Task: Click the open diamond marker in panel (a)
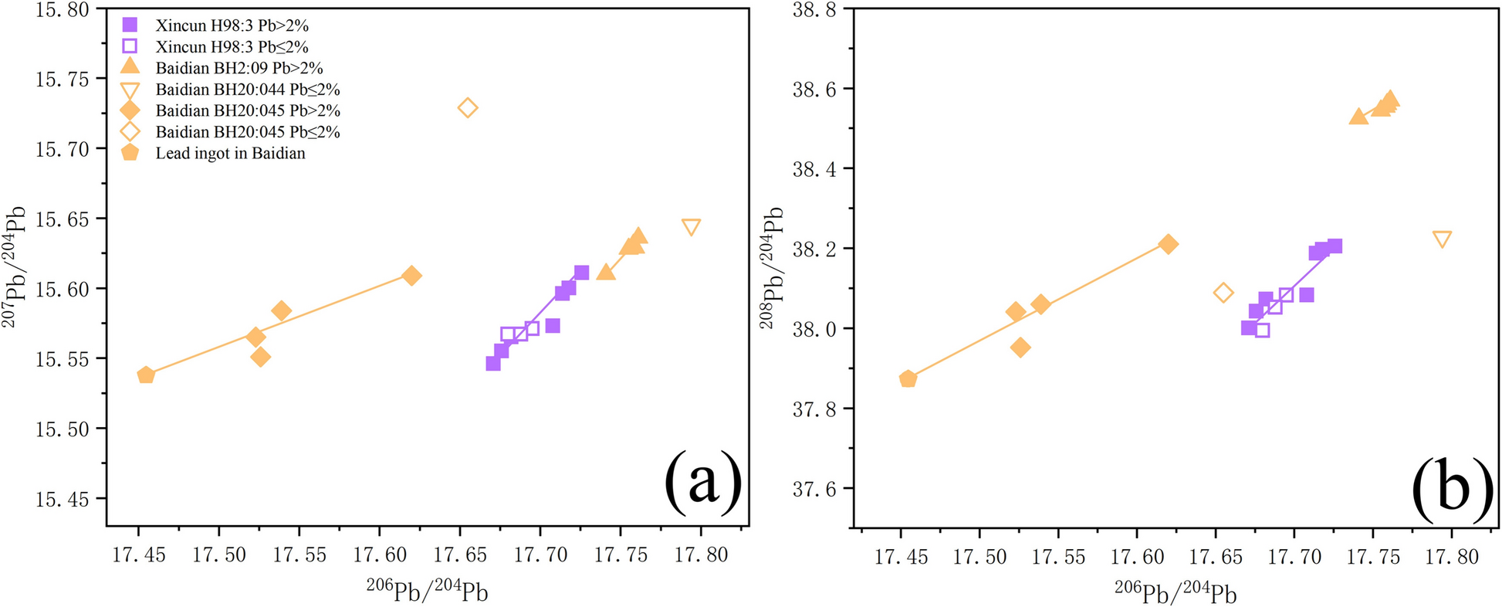[467, 108]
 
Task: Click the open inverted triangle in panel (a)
[691, 226]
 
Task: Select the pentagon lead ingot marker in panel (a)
[146, 375]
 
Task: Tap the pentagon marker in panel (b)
[908, 378]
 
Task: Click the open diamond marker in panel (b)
[1223, 293]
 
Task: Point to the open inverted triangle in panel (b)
[1441, 239]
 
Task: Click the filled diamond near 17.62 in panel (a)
[411, 276]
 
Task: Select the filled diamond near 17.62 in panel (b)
[1168, 244]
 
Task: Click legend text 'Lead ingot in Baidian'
[230, 153]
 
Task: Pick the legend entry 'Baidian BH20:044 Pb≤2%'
[247, 90]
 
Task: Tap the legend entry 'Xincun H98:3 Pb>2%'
[232, 25]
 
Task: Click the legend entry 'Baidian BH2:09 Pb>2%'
[238, 68]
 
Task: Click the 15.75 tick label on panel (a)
[62, 79]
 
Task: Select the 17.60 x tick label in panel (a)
[380, 554]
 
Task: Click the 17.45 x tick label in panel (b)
[900, 557]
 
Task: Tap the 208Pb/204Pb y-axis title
[772, 267]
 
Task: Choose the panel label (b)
[1451, 488]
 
